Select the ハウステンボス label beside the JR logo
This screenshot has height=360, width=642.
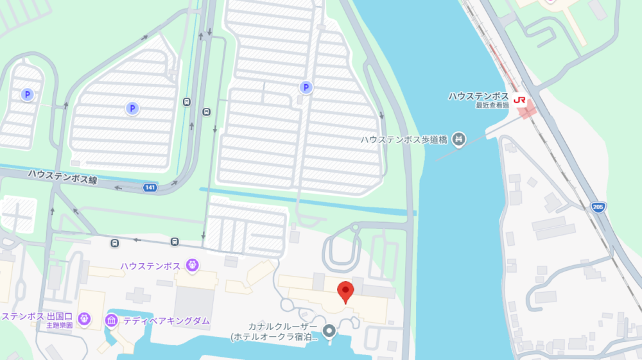pyautogui.click(x=478, y=96)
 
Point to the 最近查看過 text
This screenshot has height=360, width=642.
pyautogui.click(x=492, y=105)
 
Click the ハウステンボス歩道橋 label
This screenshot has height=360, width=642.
pyautogui.click(x=403, y=139)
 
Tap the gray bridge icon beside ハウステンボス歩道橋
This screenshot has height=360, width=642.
pyautogui.click(x=458, y=138)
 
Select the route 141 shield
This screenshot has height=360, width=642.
pyautogui.click(x=150, y=187)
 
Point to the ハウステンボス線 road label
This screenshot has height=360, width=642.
pyautogui.click(x=62, y=177)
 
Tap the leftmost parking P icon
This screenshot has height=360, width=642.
pyautogui.click(x=27, y=95)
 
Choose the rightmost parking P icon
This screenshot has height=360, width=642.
pyautogui.click(x=306, y=87)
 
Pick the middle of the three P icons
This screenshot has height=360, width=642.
pyautogui.click(x=132, y=108)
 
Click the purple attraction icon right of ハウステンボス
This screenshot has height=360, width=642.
pyautogui.click(x=191, y=265)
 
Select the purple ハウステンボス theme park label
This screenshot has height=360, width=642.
pyautogui.click(x=151, y=266)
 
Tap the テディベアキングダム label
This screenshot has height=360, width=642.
pyautogui.click(x=167, y=320)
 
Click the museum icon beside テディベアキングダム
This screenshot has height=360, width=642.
pyautogui.click(x=111, y=320)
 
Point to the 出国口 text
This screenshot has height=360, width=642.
pyautogui.click(x=59, y=316)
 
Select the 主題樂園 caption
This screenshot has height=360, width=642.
pyautogui.click(x=59, y=325)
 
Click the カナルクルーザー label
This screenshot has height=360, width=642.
pyautogui.click(x=283, y=327)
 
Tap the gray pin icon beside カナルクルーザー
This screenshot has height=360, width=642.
pyautogui.click(x=329, y=331)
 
